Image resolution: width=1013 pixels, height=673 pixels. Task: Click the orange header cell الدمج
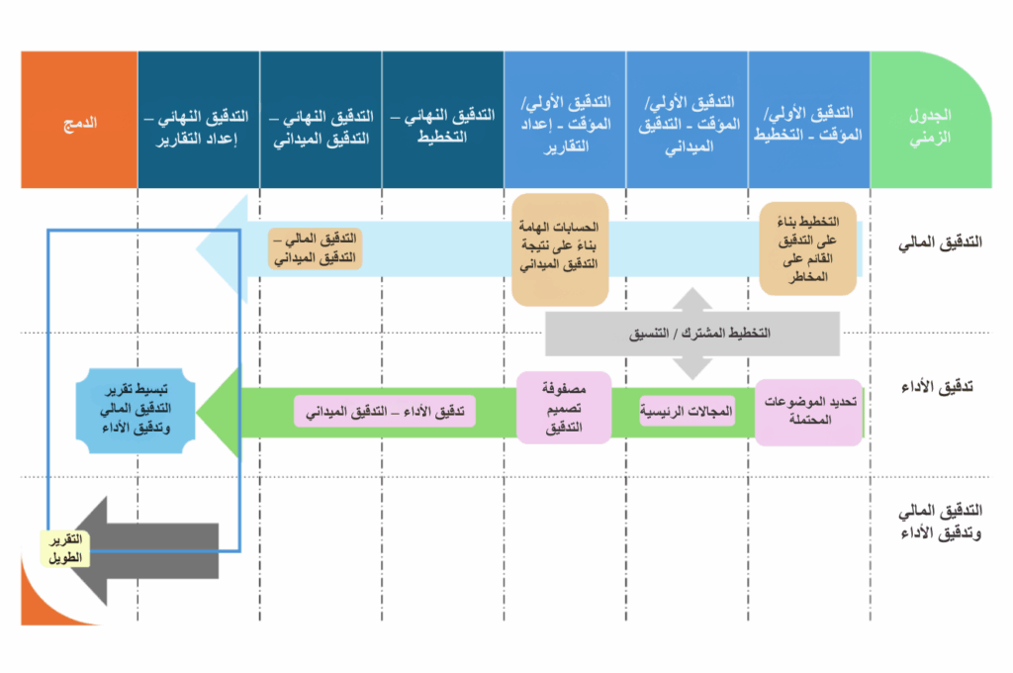click(79, 122)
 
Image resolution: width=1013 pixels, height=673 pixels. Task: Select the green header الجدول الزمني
click(930, 122)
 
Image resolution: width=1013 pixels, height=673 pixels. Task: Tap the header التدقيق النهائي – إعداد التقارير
click(198, 122)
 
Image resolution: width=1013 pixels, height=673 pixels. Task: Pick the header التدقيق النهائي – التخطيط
click(442, 122)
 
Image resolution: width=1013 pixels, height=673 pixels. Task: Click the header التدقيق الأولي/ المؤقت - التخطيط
click(808, 122)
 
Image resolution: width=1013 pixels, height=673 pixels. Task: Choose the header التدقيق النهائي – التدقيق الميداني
click(320, 122)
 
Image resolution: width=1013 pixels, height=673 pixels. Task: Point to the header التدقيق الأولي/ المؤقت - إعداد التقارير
click(564, 122)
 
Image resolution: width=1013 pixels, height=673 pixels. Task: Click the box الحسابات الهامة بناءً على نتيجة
click(559, 248)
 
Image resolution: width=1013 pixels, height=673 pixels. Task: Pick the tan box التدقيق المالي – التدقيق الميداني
click(316, 248)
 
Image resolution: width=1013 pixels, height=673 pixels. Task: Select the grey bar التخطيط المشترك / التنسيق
click(692, 334)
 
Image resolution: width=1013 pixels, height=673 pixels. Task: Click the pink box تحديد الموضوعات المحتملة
click(809, 412)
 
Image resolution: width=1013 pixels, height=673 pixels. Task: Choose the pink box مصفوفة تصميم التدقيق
click(559, 408)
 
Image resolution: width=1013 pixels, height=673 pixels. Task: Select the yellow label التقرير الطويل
click(64, 547)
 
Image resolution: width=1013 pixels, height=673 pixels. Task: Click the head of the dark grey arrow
click(94, 549)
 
